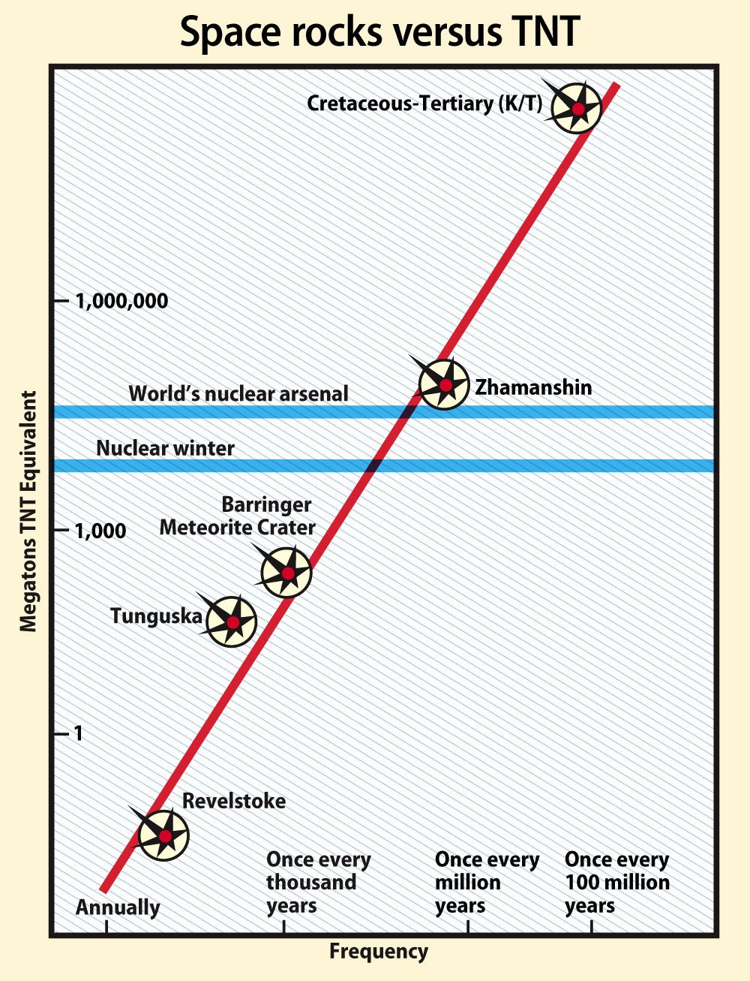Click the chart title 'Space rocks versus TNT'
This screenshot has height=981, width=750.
click(x=380, y=32)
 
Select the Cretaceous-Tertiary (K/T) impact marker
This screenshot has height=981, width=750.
click(x=577, y=108)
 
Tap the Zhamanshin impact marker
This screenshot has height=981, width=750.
click(x=444, y=384)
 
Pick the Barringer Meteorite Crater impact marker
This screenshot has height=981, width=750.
click(x=286, y=573)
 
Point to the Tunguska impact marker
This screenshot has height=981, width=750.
click(x=232, y=621)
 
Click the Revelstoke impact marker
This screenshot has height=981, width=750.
click(x=163, y=835)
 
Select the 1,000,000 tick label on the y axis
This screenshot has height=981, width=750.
click(x=121, y=301)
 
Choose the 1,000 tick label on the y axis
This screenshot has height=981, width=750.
click(x=100, y=531)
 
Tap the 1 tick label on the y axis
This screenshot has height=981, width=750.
click(x=79, y=733)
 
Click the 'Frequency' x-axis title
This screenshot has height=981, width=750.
click(x=379, y=952)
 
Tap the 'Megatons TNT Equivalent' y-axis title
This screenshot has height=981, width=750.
click(x=28, y=511)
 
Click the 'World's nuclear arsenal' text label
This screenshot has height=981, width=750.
click(x=238, y=394)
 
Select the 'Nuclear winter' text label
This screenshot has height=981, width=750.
click(x=165, y=448)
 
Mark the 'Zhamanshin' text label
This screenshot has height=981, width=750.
click(x=533, y=387)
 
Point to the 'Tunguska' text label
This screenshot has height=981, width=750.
click(x=156, y=616)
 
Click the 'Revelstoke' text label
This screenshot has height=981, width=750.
click(x=234, y=801)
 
